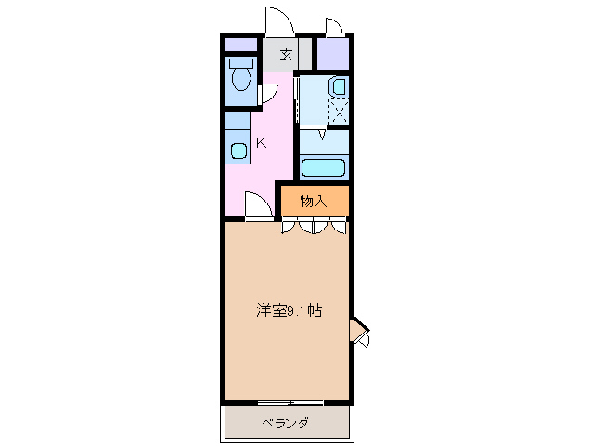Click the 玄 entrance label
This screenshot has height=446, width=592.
click(286, 55)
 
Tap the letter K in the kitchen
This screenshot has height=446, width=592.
click(261, 143)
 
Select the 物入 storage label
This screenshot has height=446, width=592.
click(314, 201)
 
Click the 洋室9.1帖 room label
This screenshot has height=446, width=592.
click(289, 311)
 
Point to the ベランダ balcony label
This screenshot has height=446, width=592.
click(284, 424)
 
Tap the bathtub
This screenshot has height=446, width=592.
click(323, 168)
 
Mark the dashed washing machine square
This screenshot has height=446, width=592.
click(339, 111)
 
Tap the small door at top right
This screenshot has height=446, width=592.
click(334, 26)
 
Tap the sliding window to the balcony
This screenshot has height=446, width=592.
click(290, 402)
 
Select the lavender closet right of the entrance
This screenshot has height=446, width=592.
click(332, 54)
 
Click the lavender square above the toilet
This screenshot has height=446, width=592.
click(239, 45)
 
